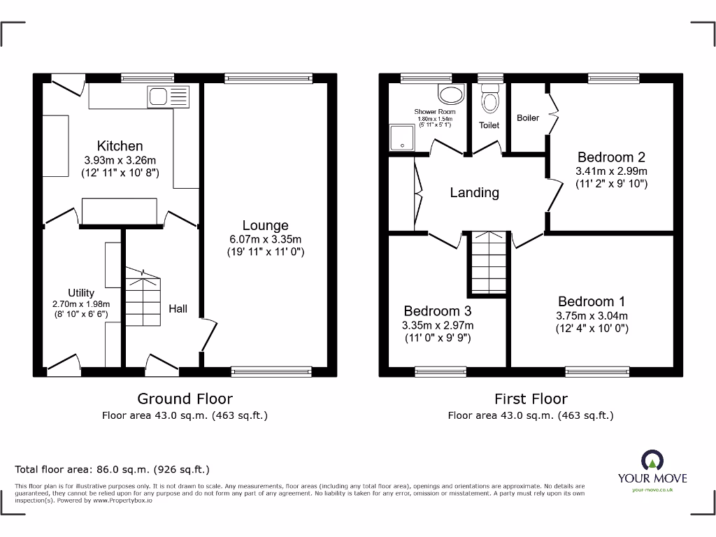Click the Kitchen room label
120,146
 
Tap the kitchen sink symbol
168,96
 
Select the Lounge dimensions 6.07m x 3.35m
265,239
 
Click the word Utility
81,293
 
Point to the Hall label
178,308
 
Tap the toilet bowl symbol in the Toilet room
489,101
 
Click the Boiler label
528,117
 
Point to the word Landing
474,192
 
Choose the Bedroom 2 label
610,157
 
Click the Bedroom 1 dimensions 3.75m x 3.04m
592,315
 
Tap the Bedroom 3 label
437,310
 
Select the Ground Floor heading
185,399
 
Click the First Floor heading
531,399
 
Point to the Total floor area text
112,470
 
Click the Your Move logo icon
652,461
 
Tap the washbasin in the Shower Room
450,94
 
